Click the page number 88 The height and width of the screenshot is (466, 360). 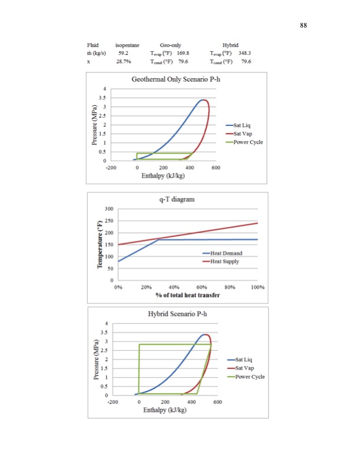304,25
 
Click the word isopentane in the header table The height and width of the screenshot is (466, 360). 127,45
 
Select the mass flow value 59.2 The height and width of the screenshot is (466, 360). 123,53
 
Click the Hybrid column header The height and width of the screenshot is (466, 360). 231,45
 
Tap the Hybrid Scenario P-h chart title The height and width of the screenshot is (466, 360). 178,314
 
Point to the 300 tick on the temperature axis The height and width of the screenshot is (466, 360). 109,208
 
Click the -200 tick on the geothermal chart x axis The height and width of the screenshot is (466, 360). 111,168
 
